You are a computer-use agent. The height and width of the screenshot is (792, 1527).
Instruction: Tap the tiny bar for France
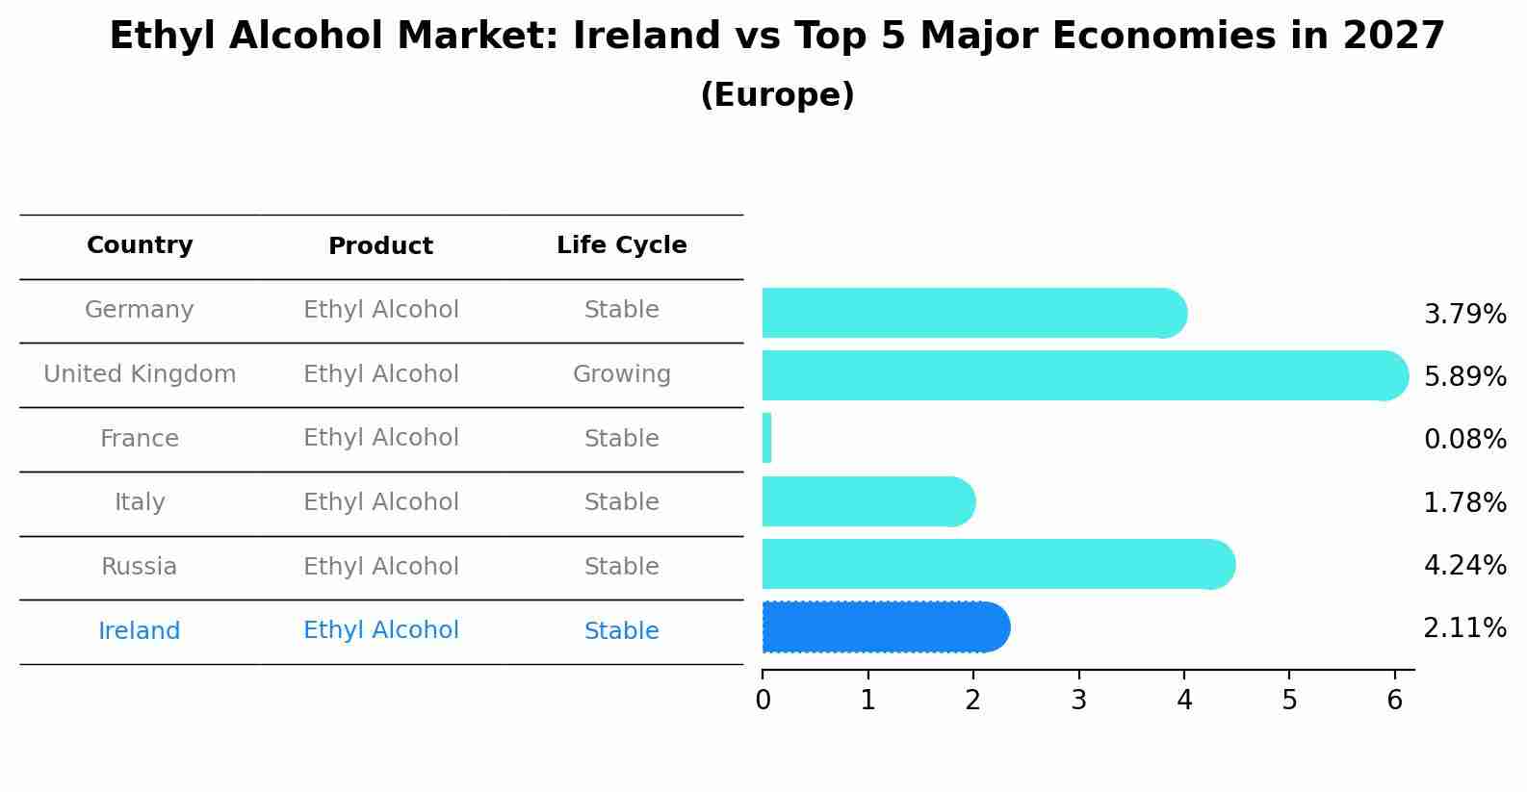767,438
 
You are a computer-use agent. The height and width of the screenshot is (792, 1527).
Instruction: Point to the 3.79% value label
1464,315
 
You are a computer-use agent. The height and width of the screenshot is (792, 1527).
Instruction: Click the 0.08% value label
1464,440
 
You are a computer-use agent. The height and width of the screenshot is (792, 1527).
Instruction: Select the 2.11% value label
1464,628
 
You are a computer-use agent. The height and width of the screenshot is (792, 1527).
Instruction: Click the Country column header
140,245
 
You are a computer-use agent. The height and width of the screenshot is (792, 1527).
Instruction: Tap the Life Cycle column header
621,245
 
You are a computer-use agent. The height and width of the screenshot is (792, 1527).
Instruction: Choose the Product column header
380,246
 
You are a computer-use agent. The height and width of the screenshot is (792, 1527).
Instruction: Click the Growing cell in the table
621,374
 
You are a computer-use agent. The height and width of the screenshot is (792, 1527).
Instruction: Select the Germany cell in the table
140,310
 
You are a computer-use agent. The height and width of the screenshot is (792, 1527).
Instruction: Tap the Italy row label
140,502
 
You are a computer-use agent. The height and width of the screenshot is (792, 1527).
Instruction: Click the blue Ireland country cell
140,631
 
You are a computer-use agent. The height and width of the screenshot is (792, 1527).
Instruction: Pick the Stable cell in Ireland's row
621,631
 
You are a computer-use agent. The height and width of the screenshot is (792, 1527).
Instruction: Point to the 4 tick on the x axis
1184,700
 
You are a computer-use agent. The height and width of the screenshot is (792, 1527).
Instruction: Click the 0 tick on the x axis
763,700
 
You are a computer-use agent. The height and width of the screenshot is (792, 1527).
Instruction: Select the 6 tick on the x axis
1394,700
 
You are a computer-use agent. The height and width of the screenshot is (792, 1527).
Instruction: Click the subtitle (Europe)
777,95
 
